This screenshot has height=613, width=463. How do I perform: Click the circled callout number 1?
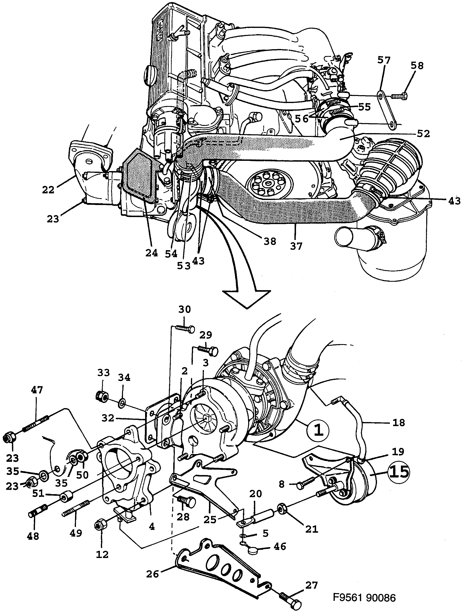[x=318, y=430]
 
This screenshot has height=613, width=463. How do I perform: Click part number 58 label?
[x=417, y=66]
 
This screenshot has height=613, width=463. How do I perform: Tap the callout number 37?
[x=296, y=246]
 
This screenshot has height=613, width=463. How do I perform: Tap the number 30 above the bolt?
[x=184, y=309]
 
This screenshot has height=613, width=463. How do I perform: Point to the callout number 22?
[x=48, y=190]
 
